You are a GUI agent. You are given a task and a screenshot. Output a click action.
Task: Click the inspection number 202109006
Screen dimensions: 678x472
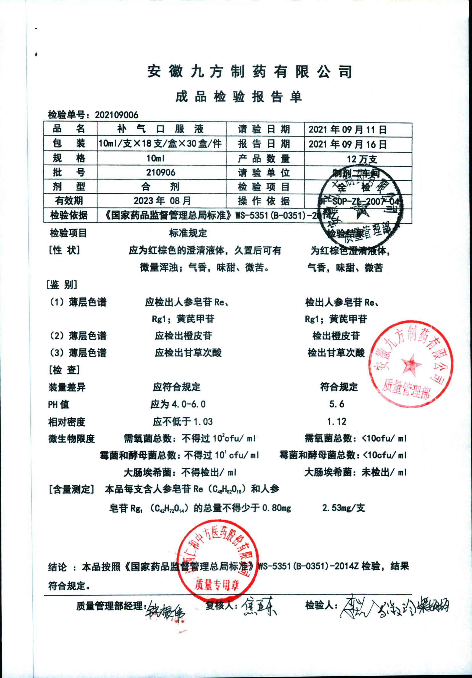coord(116,115)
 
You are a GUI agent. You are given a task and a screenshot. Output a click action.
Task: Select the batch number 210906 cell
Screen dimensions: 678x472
coord(161,172)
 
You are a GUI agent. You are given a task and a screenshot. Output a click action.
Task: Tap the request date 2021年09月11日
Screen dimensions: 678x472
coord(348,129)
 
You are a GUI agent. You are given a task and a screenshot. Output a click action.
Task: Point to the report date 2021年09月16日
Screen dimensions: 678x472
coord(348,144)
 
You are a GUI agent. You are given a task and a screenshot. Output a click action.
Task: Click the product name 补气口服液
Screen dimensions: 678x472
coord(161,129)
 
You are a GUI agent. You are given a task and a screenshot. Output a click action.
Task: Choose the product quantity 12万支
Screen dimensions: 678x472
coord(362,159)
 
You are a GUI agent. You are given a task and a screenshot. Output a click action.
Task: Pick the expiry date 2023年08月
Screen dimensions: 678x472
coord(162,201)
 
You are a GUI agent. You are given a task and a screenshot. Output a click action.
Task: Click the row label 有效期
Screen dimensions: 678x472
coord(69,201)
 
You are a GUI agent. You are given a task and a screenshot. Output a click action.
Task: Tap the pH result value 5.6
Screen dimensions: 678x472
coord(337,404)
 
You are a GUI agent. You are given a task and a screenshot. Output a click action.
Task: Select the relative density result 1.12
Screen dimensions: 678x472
coord(337,421)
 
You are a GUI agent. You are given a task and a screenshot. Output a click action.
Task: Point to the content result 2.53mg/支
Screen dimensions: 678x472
coord(343,508)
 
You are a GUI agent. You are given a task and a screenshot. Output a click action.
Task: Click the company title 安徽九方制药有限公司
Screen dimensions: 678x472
coord(250,72)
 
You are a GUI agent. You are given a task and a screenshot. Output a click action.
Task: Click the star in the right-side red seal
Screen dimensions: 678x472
coord(411,364)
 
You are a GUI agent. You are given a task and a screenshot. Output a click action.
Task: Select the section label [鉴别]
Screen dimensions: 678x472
coord(62,285)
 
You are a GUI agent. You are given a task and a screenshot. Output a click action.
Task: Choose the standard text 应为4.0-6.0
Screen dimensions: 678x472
coord(178,404)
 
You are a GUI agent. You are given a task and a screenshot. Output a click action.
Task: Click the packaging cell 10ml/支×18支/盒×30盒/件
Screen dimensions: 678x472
coord(160,144)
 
